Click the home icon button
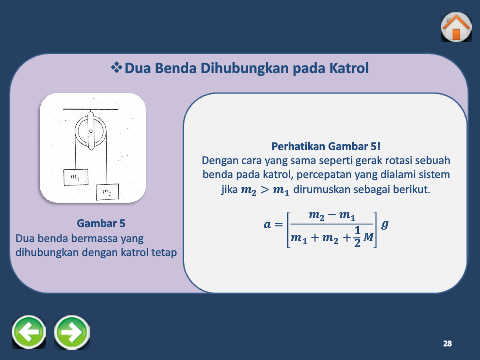tap(456, 27)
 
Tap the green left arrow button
tap(29, 332)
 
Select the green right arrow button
tap(72, 332)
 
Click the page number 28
tap(447, 343)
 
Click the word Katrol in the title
tap(349, 68)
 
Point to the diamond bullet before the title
tap(116, 68)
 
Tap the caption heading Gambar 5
tap(101, 223)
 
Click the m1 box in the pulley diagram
tap(76, 177)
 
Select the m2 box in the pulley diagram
tap(107, 192)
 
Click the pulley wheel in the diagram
tap(90, 131)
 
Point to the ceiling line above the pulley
tap(91, 109)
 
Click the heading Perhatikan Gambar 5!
tap(326, 146)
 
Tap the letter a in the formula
tap(267, 224)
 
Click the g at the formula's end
tap(384, 224)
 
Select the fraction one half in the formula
tap(357, 236)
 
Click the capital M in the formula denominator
tap(368, 237)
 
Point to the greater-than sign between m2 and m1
tap(265, 190)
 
